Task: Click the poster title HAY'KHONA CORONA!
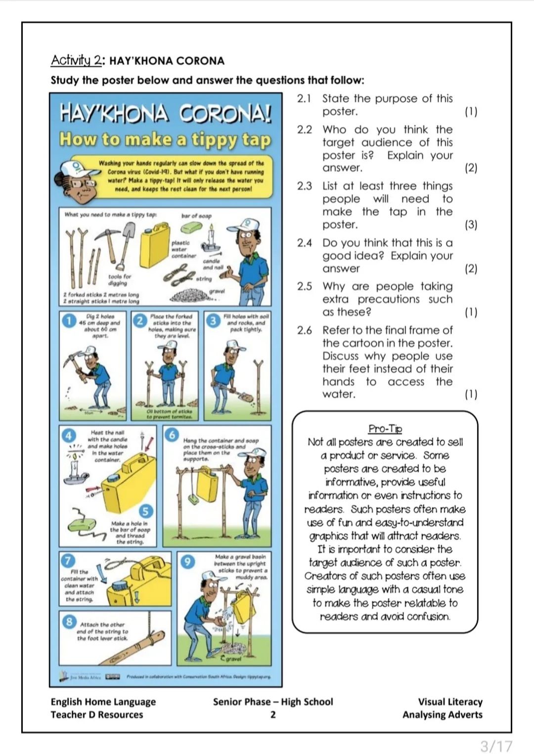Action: tap(166, 114)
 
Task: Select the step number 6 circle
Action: tap(172, 434)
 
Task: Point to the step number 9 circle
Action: tap(187, 562)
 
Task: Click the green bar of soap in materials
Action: tap(192, 227)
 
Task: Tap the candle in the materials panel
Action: tap(212, 238)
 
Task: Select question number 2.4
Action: tap(304, 243)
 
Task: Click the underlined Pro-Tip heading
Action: tap(385, 429)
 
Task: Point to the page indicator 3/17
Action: tap(496, 745)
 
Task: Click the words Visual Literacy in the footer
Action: tap(450, 702)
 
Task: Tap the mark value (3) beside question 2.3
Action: tap(471, 224)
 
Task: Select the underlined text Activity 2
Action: tap(77, 60)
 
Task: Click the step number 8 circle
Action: tap(69, 621)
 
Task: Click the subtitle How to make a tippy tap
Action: tap(165, 139)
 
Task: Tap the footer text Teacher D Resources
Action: tap(96, 714)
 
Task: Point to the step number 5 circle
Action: tap(145, 511)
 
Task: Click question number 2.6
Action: tap(304, 330)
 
